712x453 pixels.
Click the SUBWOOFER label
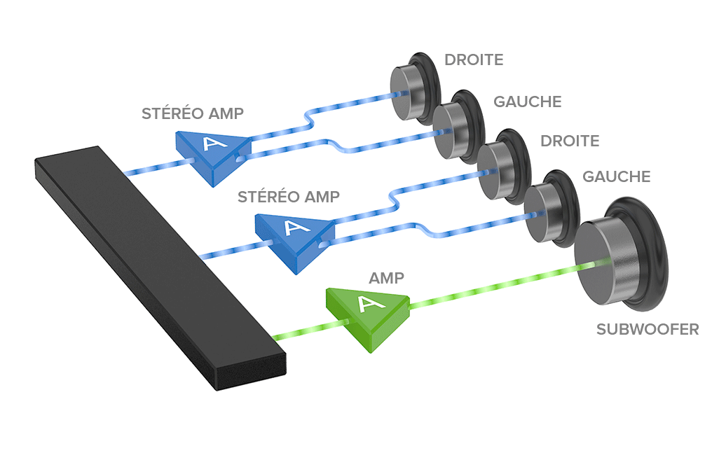pos(647,328)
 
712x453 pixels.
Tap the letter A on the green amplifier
pos(367,303)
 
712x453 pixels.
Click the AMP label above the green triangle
pos(386,278)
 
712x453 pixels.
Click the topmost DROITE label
pos(474,60)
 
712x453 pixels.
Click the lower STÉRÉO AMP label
pos(288,196)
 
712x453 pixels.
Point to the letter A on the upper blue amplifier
pos(210,144)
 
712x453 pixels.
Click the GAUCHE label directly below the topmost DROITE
pos(527,102)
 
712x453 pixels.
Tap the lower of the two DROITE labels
pos(569,141)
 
